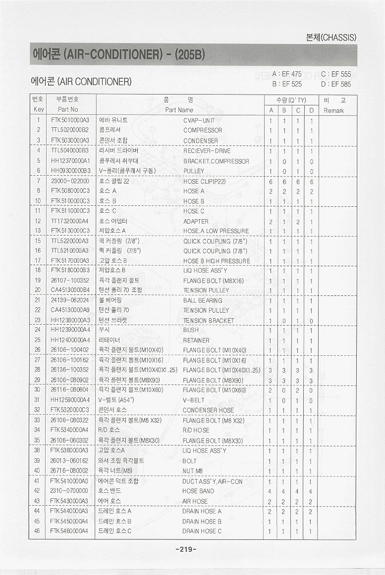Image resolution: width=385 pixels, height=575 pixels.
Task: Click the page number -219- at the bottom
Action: coord(186,549)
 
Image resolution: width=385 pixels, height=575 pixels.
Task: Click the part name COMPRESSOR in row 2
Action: coord(203,130)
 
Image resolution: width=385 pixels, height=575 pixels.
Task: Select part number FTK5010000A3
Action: coord(69,120)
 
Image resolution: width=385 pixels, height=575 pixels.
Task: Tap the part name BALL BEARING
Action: coord(203,300)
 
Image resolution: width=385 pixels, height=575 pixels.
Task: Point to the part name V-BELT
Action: coord(193,400)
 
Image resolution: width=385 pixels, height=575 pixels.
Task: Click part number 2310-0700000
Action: coord(69,491)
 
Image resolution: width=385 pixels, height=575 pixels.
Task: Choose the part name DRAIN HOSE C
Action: coord(202,531)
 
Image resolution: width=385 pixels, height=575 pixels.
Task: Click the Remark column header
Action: coord(333,110)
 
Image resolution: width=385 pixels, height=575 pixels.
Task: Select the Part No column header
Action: coord(68,109)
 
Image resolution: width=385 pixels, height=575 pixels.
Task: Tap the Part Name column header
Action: coord(179,110)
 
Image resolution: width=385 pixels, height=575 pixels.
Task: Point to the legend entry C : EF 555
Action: coord(336,74)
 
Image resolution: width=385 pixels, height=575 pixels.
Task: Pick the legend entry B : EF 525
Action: coord(287,84)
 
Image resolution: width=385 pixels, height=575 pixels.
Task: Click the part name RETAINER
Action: coord(196,340)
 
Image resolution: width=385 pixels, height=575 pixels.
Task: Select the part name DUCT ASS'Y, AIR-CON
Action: coord(213,481)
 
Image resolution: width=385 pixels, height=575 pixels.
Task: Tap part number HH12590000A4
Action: coord(70,400)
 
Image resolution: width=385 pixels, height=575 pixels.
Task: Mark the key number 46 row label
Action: coord(37,531)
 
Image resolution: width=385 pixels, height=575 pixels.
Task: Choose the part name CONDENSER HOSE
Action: coord(208,410)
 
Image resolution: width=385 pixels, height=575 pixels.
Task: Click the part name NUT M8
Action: coord(193,471)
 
